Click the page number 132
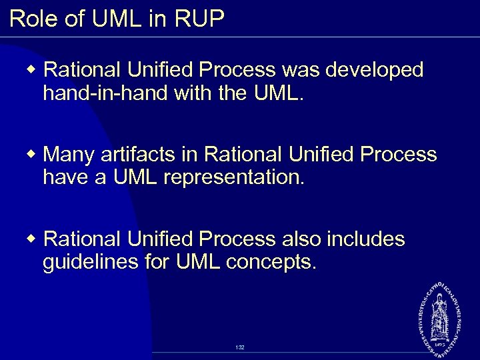pos(240,348)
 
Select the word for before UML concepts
pos(159,262)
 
